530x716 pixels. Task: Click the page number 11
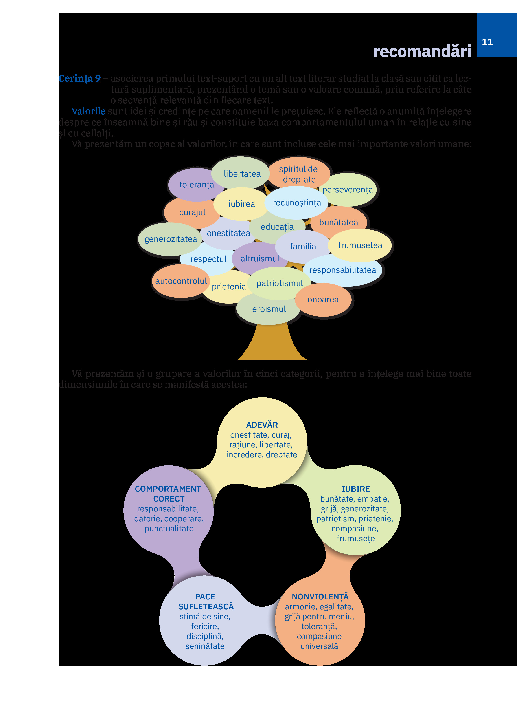point(487,42)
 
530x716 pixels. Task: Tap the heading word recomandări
point(422,51)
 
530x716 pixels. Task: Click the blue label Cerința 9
point(80,78)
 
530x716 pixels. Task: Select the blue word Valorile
point(89,111)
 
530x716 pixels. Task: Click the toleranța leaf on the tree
point(196,185)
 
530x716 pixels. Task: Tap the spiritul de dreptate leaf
point(299,174)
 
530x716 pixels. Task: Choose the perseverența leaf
point(347,190)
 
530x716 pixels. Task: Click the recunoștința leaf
point(297,203)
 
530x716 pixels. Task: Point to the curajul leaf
point(192,212)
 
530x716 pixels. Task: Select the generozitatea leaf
point(171,239)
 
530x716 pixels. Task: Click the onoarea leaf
point(323,300)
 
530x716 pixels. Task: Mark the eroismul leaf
point(269,309)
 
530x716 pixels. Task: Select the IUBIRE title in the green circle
point(355,489)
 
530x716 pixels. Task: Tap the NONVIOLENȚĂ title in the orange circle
point(320,597)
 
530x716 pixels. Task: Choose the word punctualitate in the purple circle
point(169,529)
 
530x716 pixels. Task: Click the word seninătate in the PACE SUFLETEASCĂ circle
point(205,646)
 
